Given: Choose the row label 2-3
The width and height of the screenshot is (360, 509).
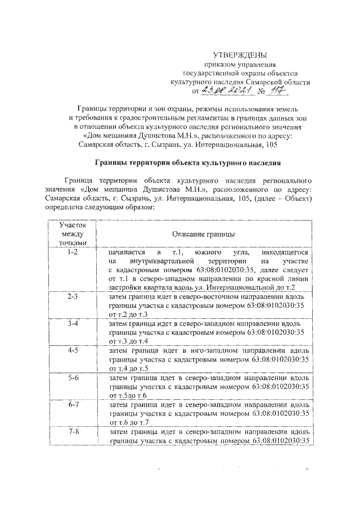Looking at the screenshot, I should click(72, 295).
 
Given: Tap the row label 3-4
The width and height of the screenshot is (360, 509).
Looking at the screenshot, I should click(72, 324).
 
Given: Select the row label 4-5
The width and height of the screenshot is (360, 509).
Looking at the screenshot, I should click(72, 351).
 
